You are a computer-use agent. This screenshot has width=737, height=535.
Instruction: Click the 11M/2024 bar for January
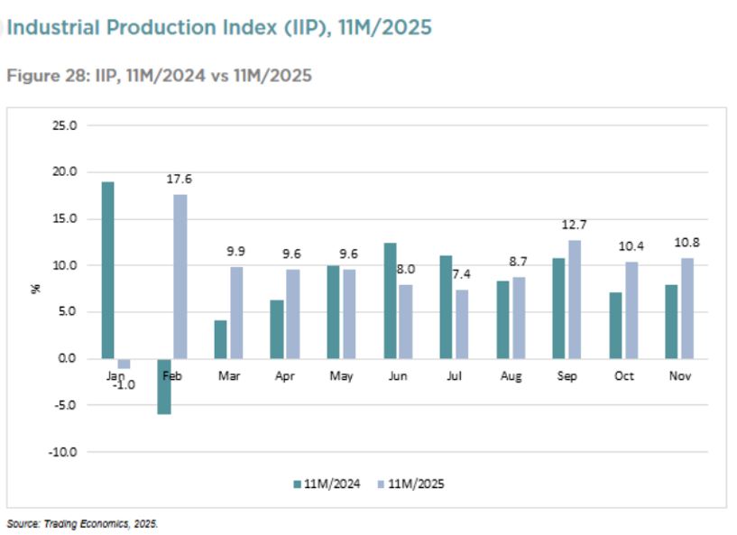coord(108,270)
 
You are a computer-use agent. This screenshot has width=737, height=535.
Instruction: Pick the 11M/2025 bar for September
coord(574,299)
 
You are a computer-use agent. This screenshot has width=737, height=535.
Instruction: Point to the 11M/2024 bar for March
coord(221,339)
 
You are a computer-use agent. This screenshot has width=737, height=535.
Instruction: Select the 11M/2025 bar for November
coord(687,308)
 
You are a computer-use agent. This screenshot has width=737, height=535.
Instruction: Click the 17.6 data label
coord(180,179)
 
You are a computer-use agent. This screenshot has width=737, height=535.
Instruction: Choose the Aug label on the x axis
coord(511,375)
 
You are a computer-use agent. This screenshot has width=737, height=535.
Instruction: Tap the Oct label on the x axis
coord(624,375)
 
